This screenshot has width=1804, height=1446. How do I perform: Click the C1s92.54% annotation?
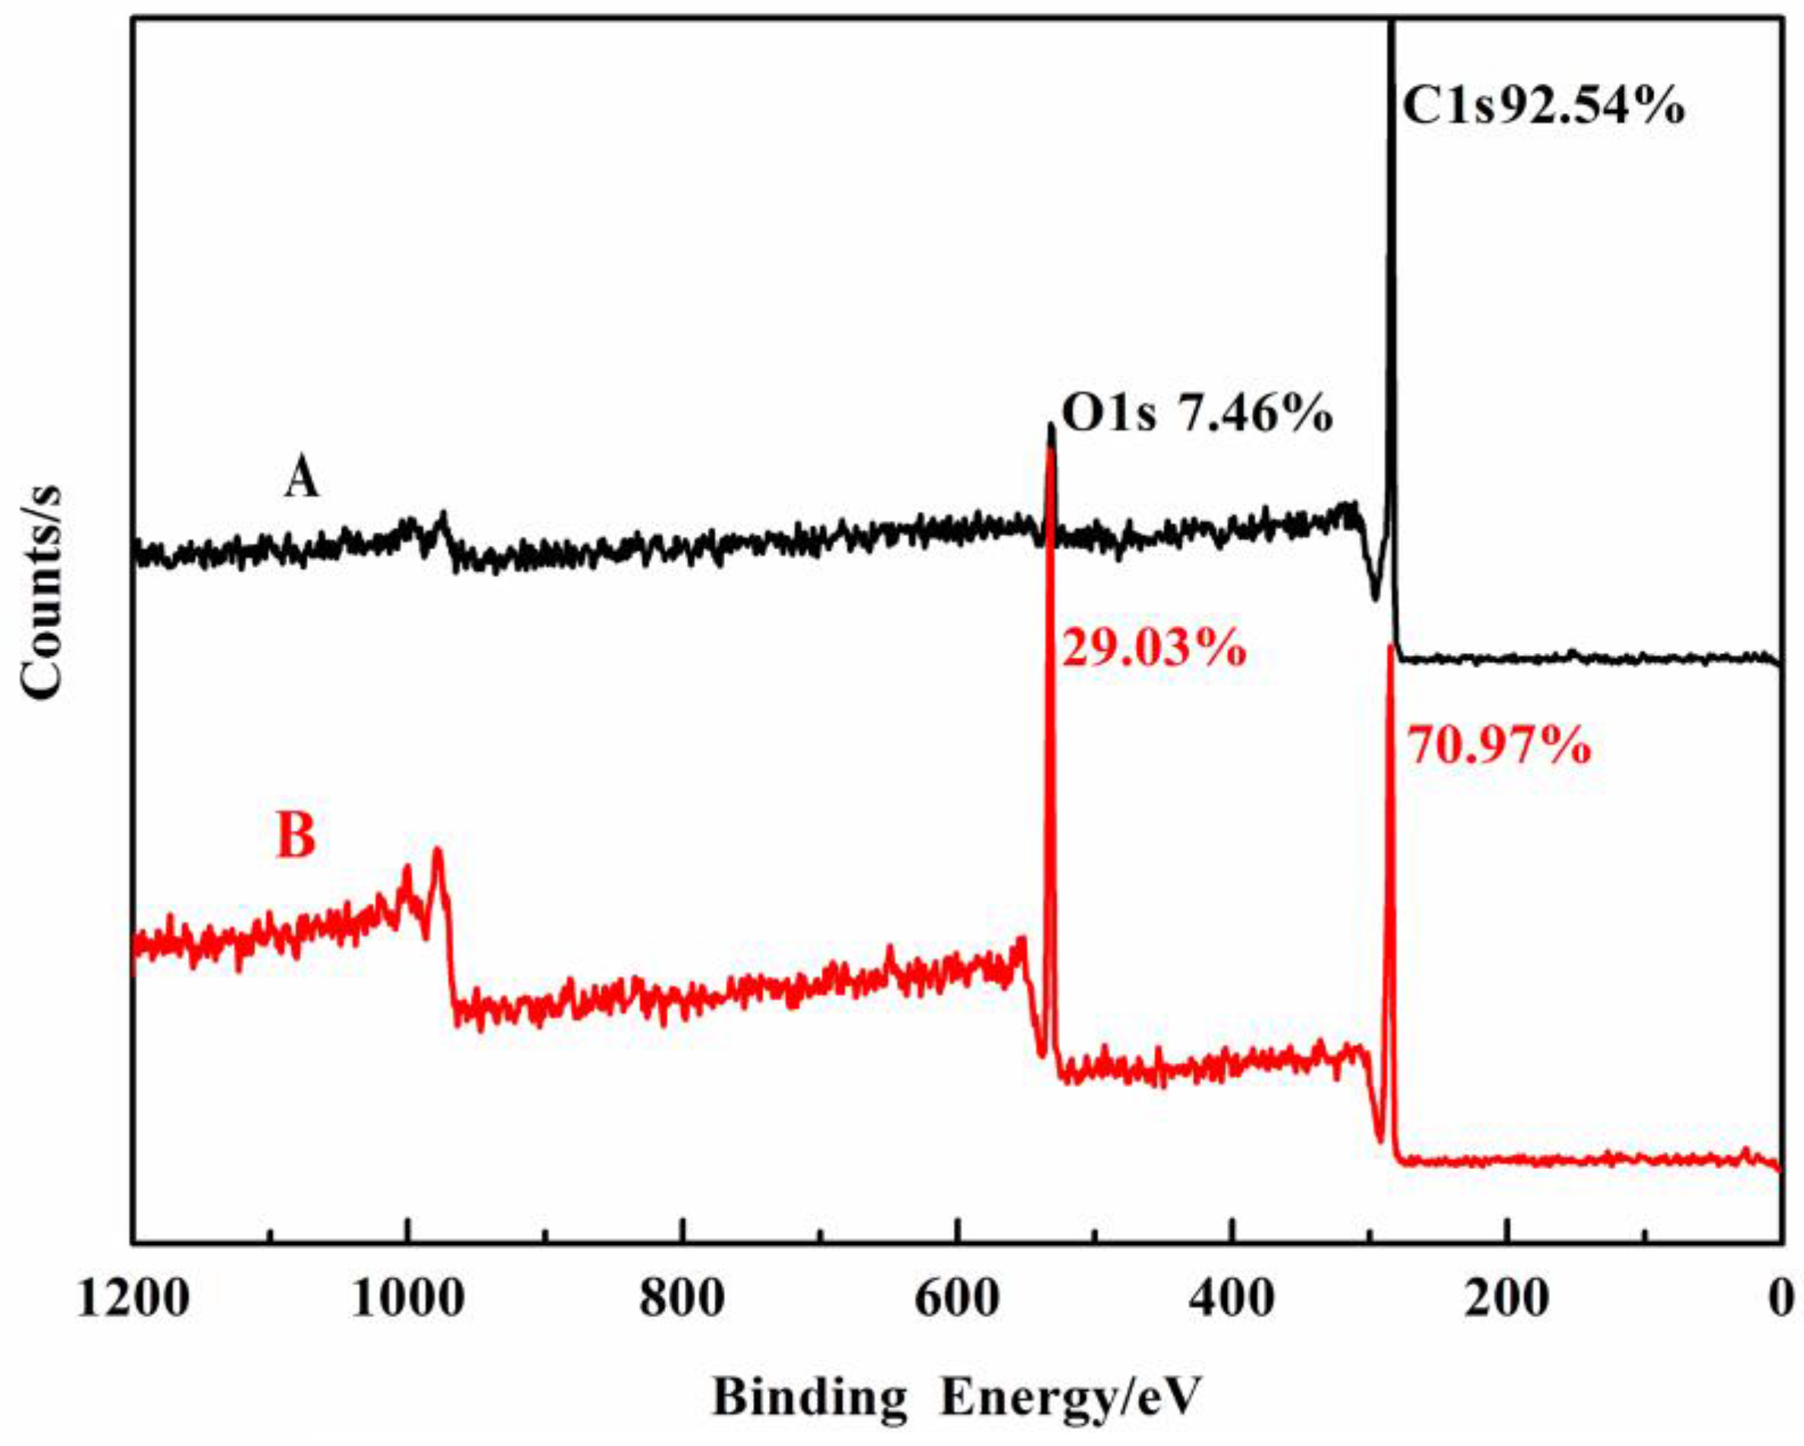[1543, 108]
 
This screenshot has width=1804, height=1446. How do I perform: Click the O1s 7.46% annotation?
[1197, 415]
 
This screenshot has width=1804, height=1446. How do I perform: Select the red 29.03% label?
[1154, 648]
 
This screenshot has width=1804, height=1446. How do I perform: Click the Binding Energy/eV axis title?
[956, 1397]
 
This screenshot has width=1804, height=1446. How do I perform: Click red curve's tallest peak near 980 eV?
[437, 851]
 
